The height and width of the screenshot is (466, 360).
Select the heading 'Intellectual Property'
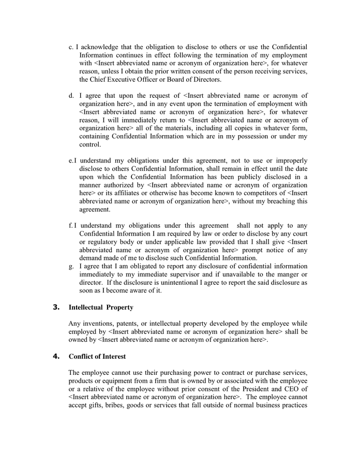(x=101, y=307)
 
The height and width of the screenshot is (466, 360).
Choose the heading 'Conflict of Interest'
(x=97, y=356)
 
